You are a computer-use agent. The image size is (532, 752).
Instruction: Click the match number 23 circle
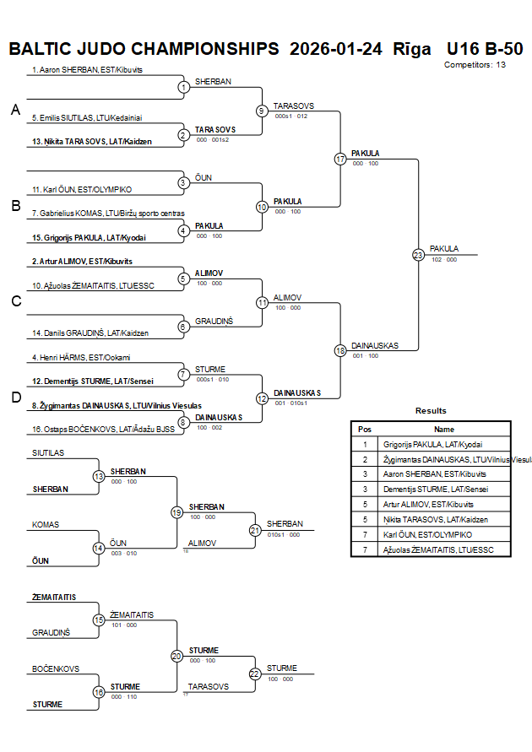pyautogui.click(x=418, y=254)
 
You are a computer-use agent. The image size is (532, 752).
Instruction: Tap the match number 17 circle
pyautogui.click(x=340, y=159)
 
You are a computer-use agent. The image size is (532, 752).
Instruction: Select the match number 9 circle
pyautogui.click(x=262, y=111)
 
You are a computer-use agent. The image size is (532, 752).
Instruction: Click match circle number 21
pyautogui.click(x=255, y=530)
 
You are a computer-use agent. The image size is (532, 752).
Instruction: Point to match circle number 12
pyautogui.click(x=262, y=398)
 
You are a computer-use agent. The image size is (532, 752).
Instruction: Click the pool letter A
pyautogui.click(x=14, y=111)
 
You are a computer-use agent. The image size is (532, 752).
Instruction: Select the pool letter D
pyautogui.click(x=14, y=398)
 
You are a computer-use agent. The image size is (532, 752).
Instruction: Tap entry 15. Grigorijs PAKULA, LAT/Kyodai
pyautogui.click(x=89, y=237)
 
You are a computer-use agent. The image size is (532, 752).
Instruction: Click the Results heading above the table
pyautogui.click(x=431, y=411)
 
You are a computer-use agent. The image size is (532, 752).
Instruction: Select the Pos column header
pyautogui.click(x=365, y=429)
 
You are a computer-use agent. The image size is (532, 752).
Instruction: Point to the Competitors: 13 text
pyautogui.click(x=475, y=65)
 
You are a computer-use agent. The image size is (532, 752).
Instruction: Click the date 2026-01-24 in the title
pyautogui.click(x=335, y=48)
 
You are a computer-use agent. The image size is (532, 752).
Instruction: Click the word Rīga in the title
pyautogui.click(x=412, y=48)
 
